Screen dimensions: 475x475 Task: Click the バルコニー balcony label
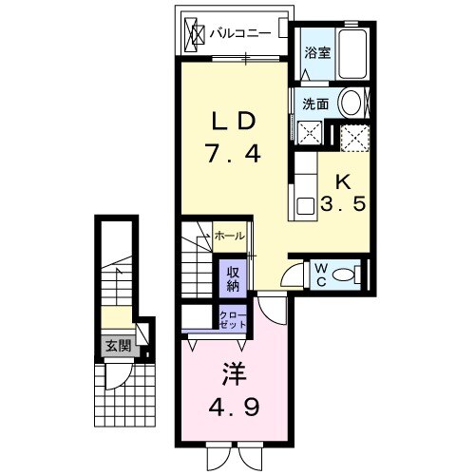239,31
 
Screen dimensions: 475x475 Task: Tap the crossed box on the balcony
194,33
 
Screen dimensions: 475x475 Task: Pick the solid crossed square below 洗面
308,133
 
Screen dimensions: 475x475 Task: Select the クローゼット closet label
234,318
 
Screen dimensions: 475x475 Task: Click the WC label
320,275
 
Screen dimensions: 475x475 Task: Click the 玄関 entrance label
113,347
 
